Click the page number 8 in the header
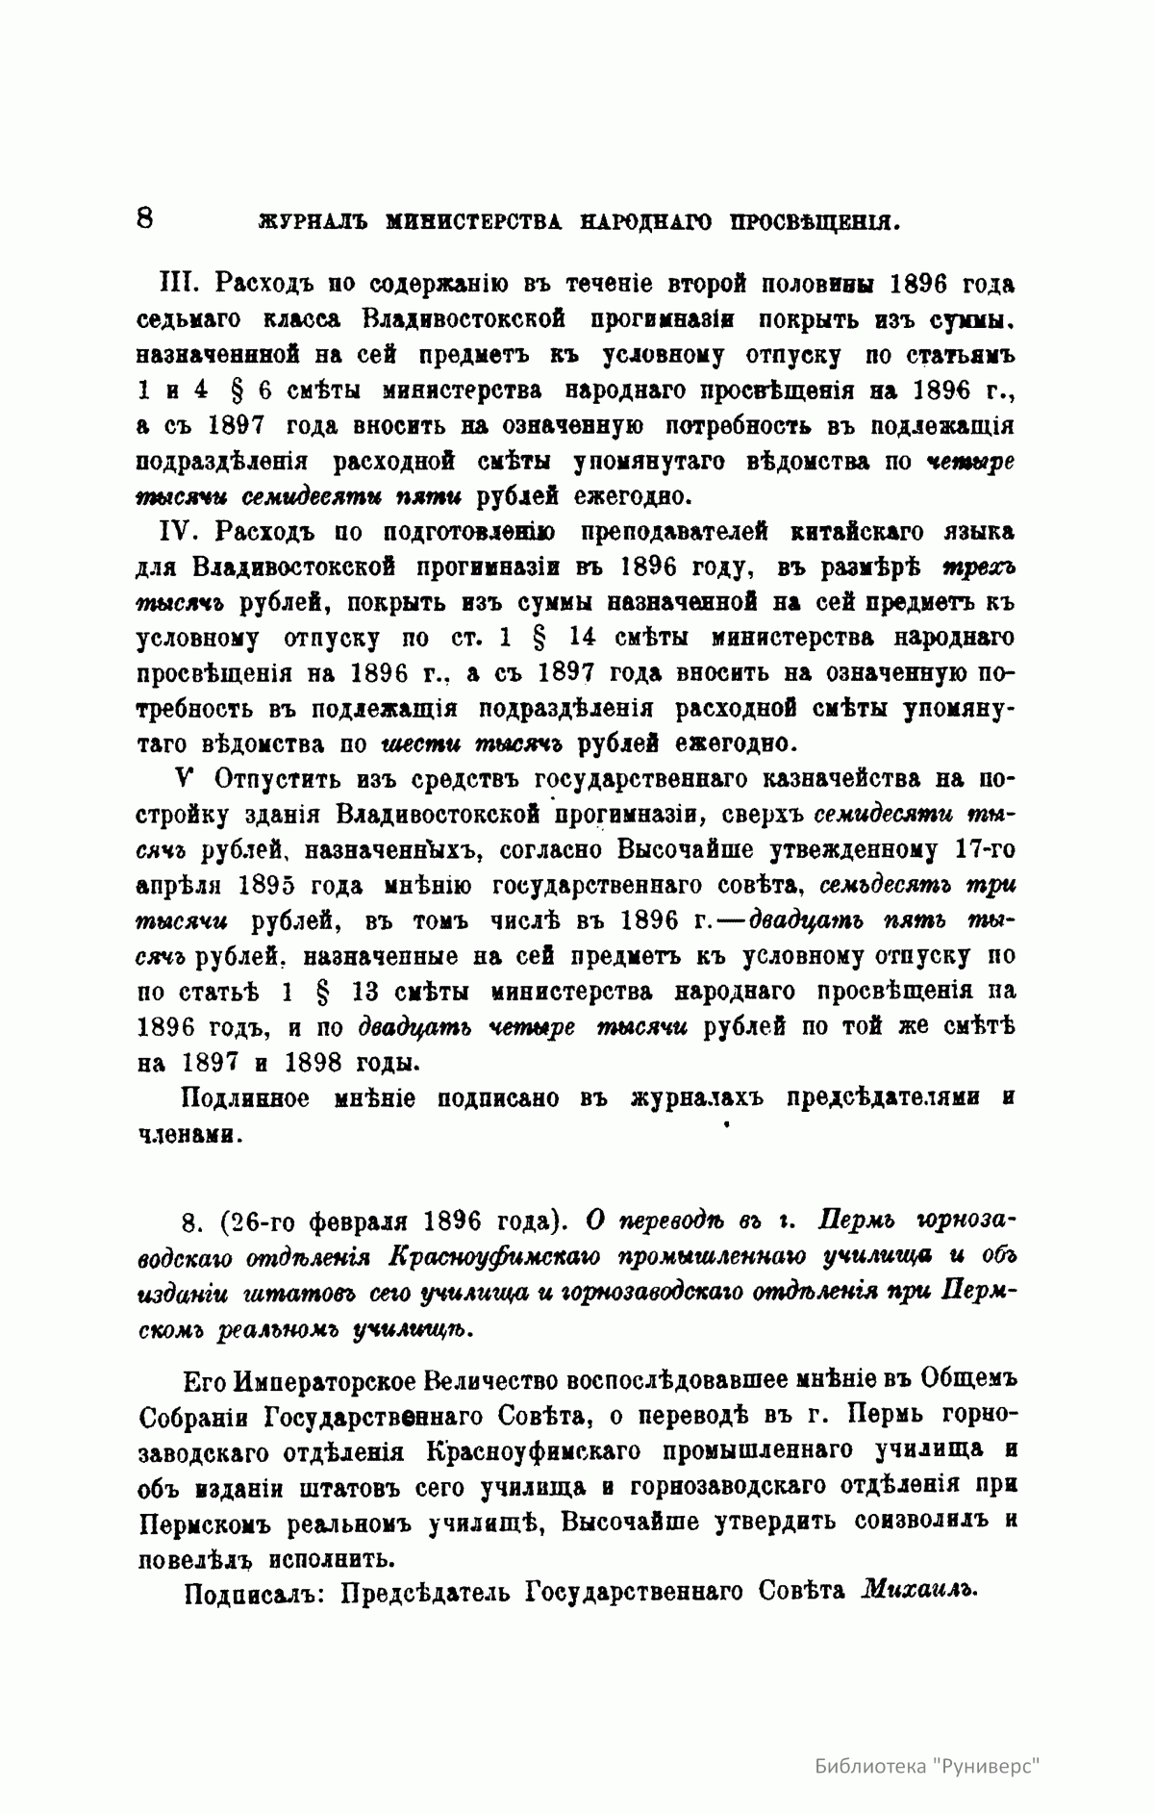click(145, 217)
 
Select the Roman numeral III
click(178, 285)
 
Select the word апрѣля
click(180, 885)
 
